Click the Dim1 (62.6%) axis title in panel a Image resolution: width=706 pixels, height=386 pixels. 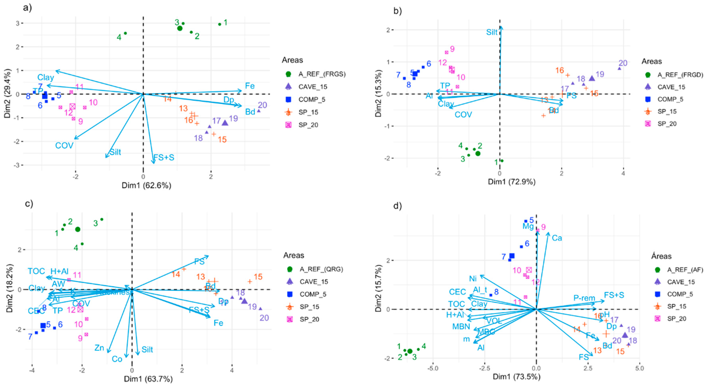[x=146, y=186]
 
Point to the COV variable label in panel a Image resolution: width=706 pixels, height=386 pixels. [x=64, y=145]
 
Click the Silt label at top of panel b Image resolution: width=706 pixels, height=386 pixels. [x=492, y=32]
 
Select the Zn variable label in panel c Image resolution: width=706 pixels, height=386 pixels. [x=99, y=348]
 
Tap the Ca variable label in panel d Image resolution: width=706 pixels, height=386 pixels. [x=557, y=238]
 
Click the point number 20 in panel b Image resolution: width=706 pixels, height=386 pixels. [x=623, y=63]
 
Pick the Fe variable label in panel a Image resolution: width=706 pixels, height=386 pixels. [x=250, y=86]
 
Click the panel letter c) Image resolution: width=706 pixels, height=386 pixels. [x=29, y=204]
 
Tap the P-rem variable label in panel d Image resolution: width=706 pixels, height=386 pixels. [x=584, y=298]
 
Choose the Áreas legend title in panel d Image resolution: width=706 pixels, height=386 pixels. [x=661, y=256]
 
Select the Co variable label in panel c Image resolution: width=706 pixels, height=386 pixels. [x=117, y=359]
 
